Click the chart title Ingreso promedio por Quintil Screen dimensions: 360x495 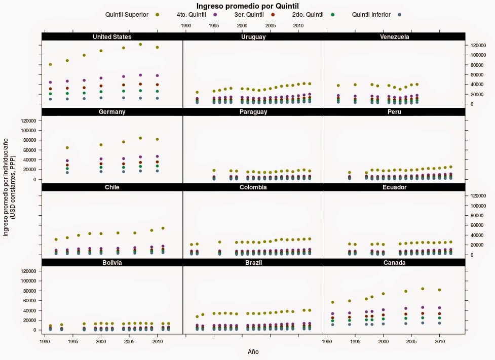coord(248,6)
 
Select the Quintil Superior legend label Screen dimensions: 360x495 coord(127,15)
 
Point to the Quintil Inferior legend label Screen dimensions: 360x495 coord(371,15)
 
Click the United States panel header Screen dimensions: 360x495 coord(112,37)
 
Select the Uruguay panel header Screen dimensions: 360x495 coord(253,37)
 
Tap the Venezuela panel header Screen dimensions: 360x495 coord(394,37)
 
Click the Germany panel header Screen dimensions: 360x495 coord(112,112)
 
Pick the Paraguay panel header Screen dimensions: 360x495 coord(253,112)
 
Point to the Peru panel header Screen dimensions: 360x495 coord(394,112)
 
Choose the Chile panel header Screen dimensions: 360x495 coord(112,187)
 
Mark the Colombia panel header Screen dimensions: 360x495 coord(253,187)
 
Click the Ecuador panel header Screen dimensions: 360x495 coord(394,187)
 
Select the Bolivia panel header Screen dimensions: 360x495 coord(112,263)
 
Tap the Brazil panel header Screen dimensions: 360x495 coord(253,263)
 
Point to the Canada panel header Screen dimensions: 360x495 coord(394,263)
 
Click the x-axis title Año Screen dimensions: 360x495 coord(253,351)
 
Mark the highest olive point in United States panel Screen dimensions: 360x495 coord(140,44)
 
